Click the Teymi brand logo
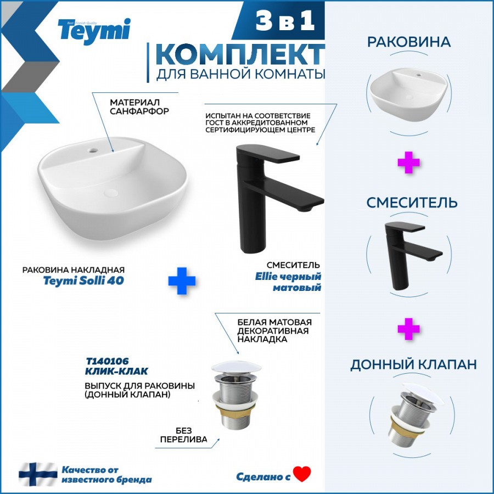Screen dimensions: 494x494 point(94,31)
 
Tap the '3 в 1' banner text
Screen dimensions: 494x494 point(285,21)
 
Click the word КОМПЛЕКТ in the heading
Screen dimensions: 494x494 point(240,54)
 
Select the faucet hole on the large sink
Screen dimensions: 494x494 point(93,150)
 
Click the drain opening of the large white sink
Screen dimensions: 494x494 point(111,193)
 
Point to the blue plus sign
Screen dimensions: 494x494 point(182,280)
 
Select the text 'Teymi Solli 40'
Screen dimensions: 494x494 point(83,280)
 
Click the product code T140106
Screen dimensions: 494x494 point(107,361)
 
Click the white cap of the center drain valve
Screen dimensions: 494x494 point(236,367)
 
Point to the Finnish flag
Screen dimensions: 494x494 point(38,474)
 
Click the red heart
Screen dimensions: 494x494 point(302,474)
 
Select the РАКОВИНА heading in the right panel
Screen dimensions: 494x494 point(409,42)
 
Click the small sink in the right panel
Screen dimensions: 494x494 point(408,94)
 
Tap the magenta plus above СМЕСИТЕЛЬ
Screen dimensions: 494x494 point(408,162)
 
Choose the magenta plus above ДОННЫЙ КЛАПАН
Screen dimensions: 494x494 point(408,329)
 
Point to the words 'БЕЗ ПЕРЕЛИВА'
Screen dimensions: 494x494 point(184,435)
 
